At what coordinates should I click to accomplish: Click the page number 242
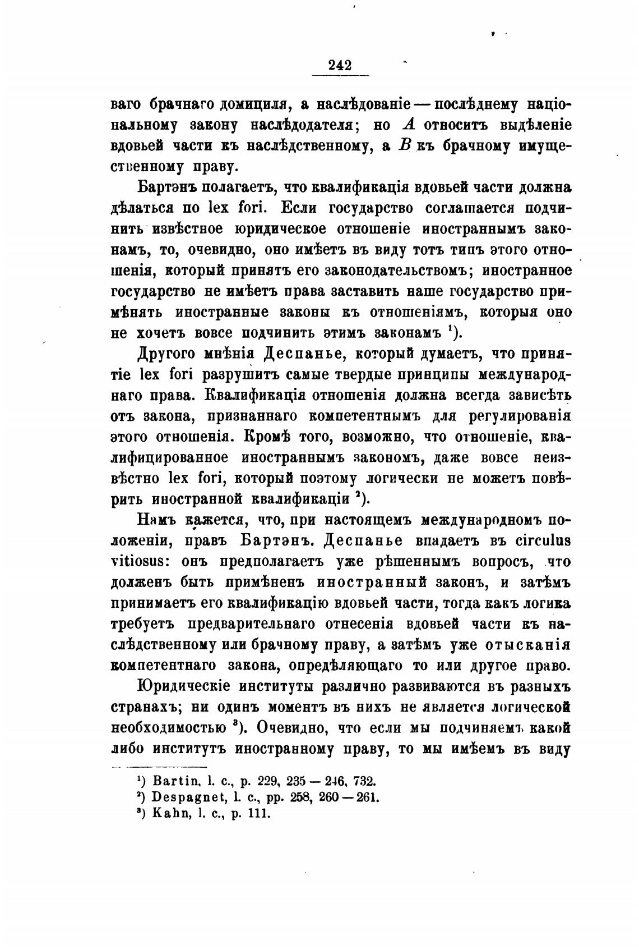pos(340,65)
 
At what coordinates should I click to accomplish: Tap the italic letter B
pos(405,145)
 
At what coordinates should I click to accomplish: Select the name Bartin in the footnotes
pos(172,781)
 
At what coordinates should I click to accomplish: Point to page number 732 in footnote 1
pos(365,781)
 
